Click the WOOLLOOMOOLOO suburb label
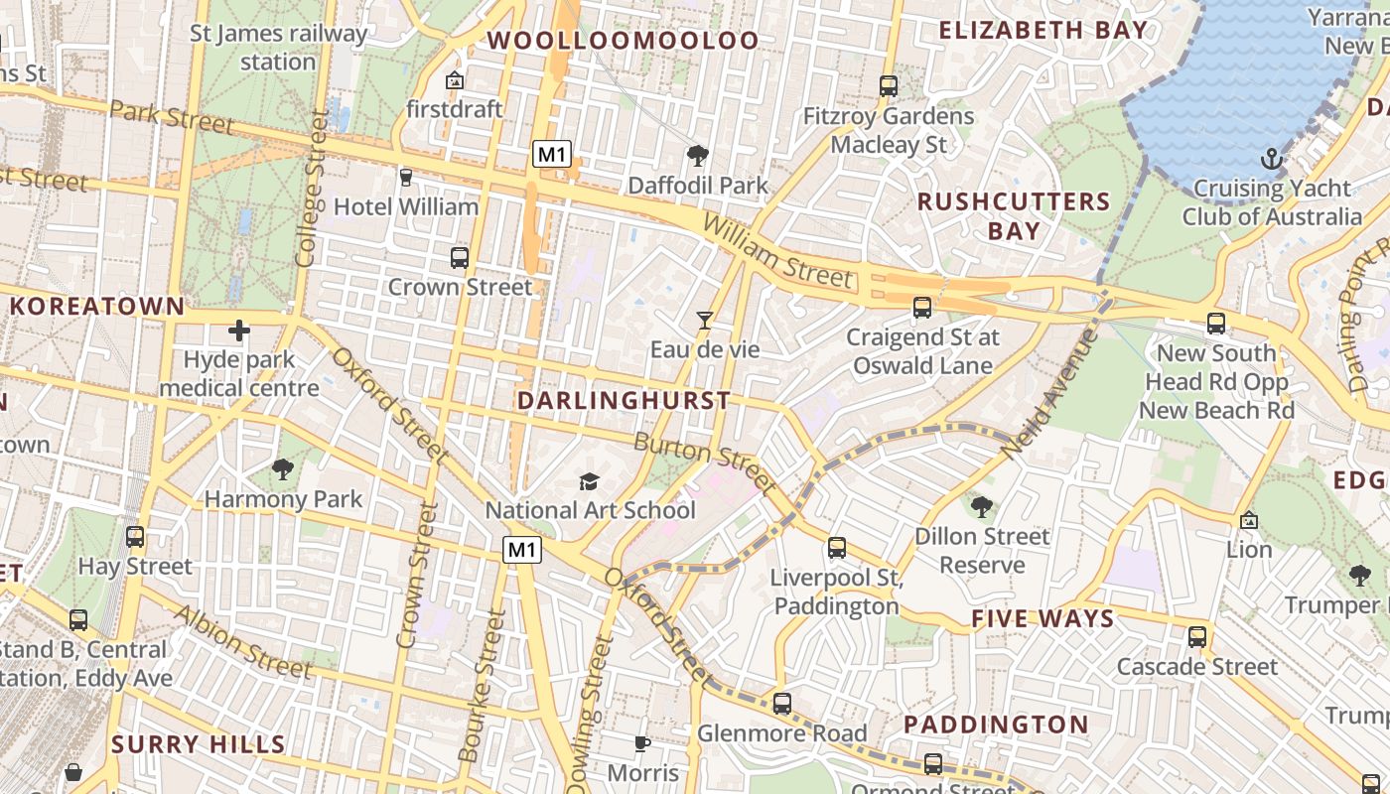coord(624,41)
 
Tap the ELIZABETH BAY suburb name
coord(1043,30)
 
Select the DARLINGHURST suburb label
coord(624,401)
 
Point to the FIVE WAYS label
coord(1042,619)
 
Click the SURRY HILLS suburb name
coord(199,744)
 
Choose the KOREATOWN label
coord(97,306)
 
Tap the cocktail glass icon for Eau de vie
coord(705,320)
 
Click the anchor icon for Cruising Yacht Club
coord(1271,159)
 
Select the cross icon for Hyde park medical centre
coord(239,331)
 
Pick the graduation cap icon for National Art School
coord(590,481)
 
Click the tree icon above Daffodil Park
coord(698,155)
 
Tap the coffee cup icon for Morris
coord(642,743)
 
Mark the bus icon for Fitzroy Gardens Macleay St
coord(889,86)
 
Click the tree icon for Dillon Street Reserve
coord(982,507)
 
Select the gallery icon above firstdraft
coord(455,79)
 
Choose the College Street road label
coord(311,189)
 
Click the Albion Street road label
coord(241,641)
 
